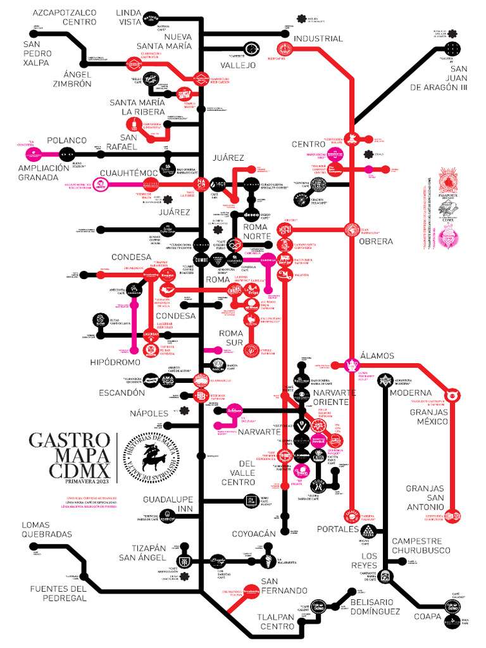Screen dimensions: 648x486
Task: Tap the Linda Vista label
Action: click(129, 17)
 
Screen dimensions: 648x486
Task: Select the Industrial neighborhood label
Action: click(319, 39)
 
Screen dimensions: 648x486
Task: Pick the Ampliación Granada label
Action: click(44, 173)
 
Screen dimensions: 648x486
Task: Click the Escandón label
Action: click(121, 392)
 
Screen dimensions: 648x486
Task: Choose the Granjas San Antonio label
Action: click(425, 497)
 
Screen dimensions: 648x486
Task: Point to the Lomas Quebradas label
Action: click(47, 529)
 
